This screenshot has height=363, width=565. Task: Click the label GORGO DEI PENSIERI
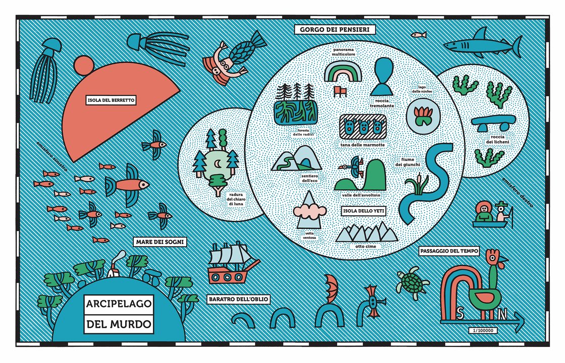point(334,30)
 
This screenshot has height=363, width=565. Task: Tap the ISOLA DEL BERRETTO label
point(111,100)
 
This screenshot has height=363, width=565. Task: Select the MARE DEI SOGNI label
point(160,243)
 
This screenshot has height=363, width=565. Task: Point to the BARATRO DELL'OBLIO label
point(238,299)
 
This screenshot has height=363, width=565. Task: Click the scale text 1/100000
point(483,330)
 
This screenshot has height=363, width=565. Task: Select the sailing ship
point(234,264)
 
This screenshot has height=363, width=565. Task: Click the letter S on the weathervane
point(460,314)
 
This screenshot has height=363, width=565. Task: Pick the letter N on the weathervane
point(502,314)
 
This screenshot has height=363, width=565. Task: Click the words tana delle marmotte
point(363,145)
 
